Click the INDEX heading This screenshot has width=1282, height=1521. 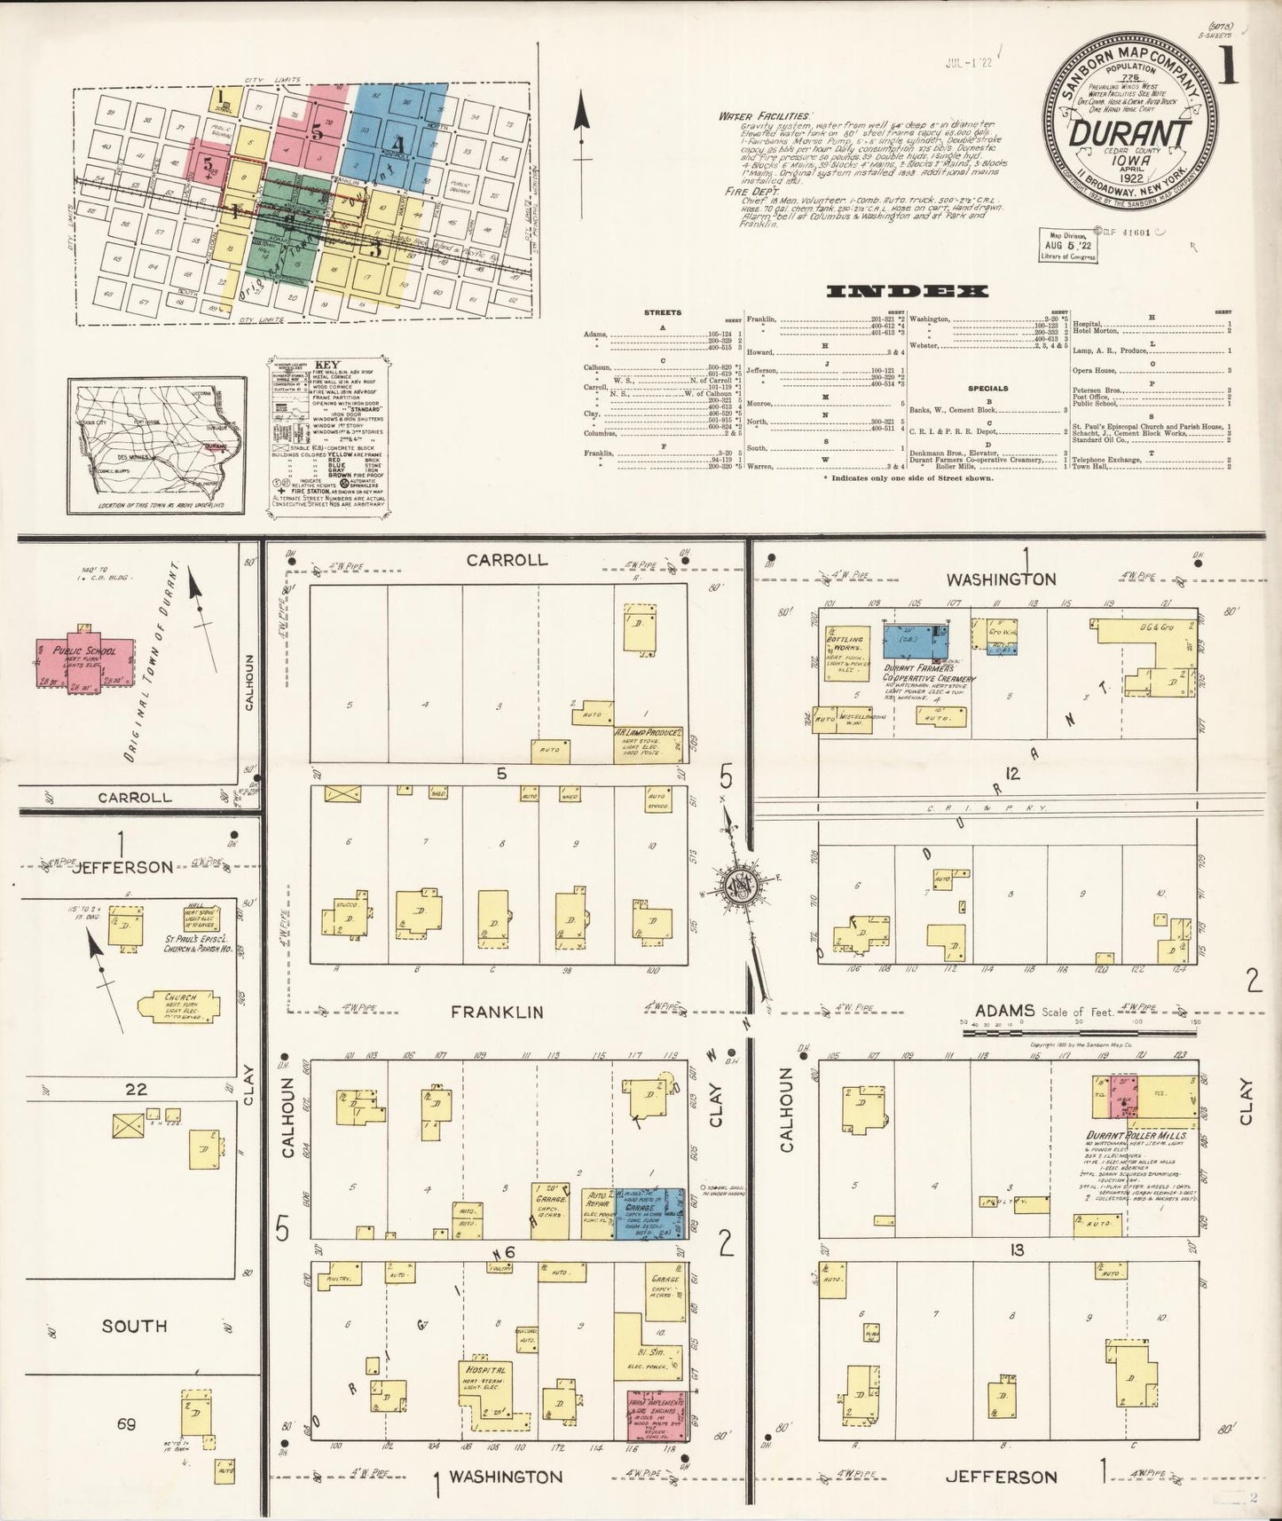(907, 291)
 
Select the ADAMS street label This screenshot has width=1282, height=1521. (1004, 1010)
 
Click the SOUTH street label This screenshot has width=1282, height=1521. (134, 1326)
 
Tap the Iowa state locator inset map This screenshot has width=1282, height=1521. (157, 444)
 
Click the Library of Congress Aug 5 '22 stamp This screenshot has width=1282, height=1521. (1068, 244)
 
